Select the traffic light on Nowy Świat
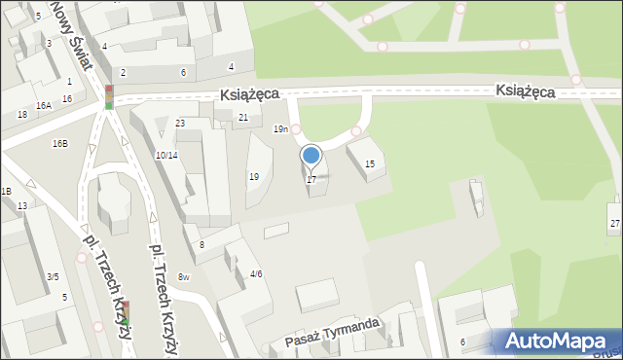pyautogui.click(x=109, y=96)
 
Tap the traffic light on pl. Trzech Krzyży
pyautogui.click(x=125, y=313)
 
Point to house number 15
pyautogui.click(x=369, y=164)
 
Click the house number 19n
pyautogui.click(x=280, y=129)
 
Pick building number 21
pyautogui.click(x=243, y=118)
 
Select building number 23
pyautogui.click(x=180, y=124)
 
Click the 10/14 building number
pyautogui.click(x=165, y=156)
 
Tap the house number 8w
pyautogui.click(x=183, y=278)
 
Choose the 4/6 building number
pyautogui.click(x=256, y=274)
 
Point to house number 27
pyautogui.click(x=614, y=224)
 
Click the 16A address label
pyautogui.click(x=43, y=105)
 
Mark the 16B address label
pyautogui.click(x=60, y=144)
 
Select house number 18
pyautogui.click(x=21, y=115)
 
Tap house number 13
pyautogui.click(x=21, y=206)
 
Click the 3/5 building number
pyautogui.click(x=53, y=277)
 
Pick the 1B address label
pyautogui.click(x=6, y=192)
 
